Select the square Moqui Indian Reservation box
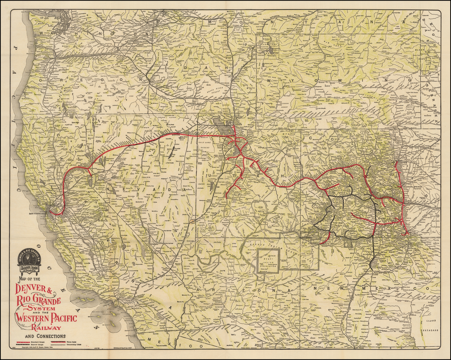[268, 260]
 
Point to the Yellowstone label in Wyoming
[267, 44]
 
